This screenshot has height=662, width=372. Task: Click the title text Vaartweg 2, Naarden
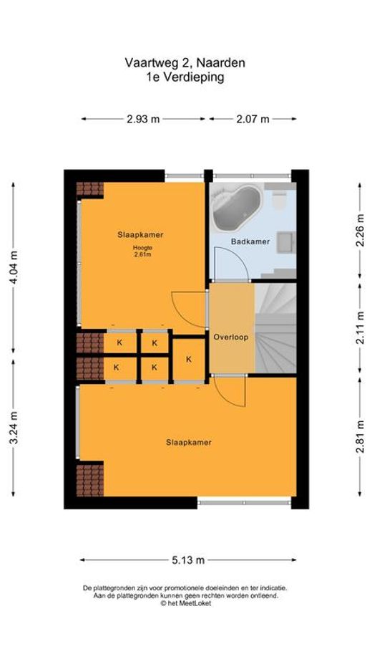tap(185, 63)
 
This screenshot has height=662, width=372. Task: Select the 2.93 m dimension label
tap(143, 119)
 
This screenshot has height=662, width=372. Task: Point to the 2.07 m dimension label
tap(253, 119)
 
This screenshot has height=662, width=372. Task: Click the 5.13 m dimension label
tap(188, 560)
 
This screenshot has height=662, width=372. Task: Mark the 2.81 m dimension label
tap(360, 437)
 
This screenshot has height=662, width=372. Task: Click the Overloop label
tap(230, 337)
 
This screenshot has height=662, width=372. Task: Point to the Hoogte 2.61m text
tap(142, 251)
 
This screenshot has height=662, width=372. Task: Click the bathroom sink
tap(287, 242)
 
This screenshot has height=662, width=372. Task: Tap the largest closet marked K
tap(189, 359)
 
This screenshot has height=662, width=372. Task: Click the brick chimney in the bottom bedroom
tap(90, 480)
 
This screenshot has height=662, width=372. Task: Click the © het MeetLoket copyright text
tap(185, 604)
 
